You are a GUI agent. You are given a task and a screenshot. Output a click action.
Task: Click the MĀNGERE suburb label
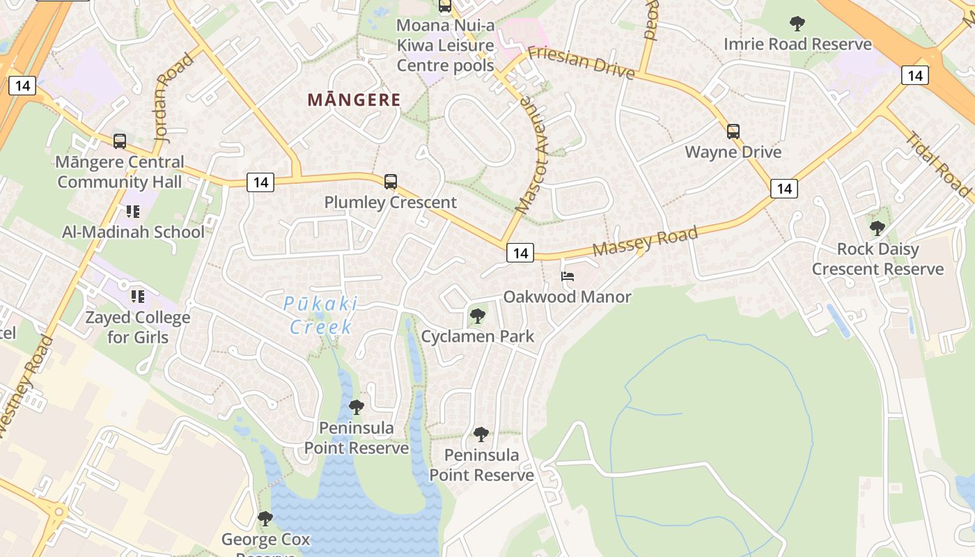(354, 100)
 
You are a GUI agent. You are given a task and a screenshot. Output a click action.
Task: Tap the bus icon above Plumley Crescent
(391, 182)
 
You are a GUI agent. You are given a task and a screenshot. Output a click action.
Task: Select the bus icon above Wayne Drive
(733, 131)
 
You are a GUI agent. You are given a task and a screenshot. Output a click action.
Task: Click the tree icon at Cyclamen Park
(478, 316)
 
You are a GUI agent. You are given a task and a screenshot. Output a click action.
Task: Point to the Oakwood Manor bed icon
(568, 277)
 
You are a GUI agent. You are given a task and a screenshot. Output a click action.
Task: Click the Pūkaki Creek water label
(321, 315)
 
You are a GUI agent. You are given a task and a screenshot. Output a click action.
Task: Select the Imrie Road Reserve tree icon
(797, 24)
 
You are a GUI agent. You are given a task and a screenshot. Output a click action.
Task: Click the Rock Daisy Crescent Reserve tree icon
(877, 228)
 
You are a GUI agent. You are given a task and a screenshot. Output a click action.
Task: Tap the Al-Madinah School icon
(133, 212)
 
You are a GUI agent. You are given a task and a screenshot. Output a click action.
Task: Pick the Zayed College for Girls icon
(138, 297)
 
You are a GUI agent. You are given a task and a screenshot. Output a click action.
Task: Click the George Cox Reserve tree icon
(265, 518)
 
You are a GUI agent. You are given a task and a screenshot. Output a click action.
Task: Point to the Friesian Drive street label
(581, 63)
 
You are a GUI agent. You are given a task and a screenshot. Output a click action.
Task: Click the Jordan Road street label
(174, 98)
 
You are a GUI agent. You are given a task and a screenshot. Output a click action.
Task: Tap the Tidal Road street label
(938, 164)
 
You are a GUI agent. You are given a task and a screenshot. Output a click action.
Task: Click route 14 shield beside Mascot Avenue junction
(520, 253)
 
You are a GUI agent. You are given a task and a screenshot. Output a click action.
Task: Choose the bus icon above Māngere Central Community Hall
(120, 141)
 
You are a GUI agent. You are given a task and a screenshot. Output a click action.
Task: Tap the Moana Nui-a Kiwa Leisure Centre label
(445, 46)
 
